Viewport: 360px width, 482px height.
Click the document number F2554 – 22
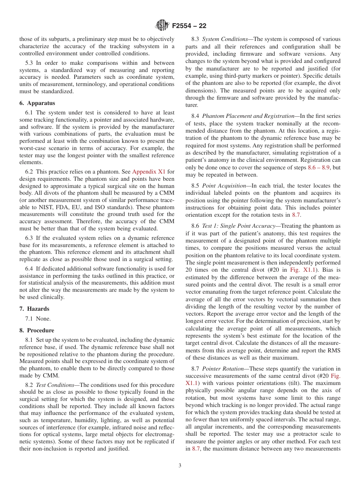[189, 26]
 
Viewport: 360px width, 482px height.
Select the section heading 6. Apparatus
[37, 103]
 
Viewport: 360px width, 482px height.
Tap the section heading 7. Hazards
[34, 309]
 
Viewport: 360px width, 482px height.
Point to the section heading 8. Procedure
[37, 330]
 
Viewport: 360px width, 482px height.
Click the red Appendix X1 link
[148, 172]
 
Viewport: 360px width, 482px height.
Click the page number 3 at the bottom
[180, 466]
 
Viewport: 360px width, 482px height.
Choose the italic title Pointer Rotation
[223, 369]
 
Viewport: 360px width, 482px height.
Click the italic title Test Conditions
[56, 385]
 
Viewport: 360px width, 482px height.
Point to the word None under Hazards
[43, 319]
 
